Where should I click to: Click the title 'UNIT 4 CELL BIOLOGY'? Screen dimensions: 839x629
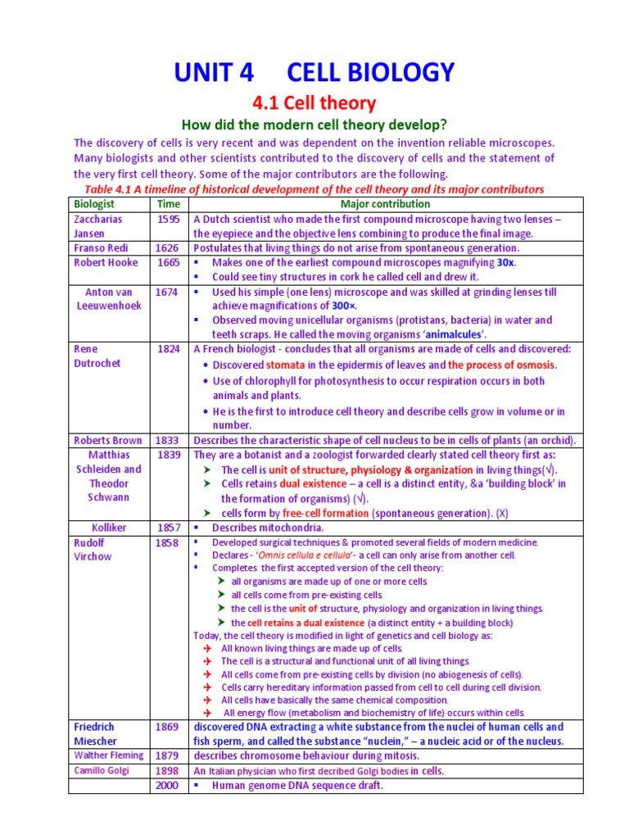point(314,72)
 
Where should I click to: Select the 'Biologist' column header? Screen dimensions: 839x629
point(95,204)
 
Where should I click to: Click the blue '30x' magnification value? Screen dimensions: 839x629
point(506,262)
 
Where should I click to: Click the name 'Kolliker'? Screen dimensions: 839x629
point(109,527)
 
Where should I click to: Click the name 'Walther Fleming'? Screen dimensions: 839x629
point(109,755)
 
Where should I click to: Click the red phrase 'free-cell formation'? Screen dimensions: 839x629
point(326,513)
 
